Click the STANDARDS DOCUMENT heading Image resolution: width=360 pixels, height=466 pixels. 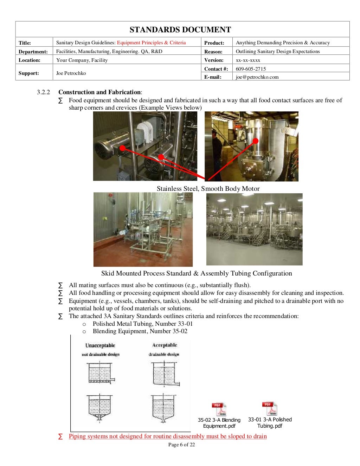(x=180, y=30)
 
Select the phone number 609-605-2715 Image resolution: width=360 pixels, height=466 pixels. (x=251, y=69)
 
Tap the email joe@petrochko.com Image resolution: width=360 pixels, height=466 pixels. (x=257, y=77)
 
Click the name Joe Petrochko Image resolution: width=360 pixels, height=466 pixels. (x=71, y=73)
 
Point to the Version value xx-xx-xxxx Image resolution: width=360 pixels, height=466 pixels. (x=248, y=60)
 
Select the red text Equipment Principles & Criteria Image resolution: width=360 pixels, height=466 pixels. (x=151, y=43)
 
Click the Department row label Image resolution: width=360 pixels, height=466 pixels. (x=33, y=52)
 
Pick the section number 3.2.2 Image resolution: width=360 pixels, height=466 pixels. (x=43, y=92)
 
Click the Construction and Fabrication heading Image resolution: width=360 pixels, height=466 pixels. (x=100, y=92)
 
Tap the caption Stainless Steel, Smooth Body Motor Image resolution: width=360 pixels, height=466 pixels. (x=208, y=189)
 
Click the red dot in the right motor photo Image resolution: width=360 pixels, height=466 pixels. (x=256, y=141)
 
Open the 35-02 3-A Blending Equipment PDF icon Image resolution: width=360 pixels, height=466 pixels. (x=219, y=409)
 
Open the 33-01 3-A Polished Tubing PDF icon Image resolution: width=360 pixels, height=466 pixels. (x=270, y=409)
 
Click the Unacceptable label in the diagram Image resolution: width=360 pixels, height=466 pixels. (x=100, y=345)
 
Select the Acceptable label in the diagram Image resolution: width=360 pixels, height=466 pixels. (x=165, y=345)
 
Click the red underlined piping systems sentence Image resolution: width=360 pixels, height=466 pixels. (x=168, y=436)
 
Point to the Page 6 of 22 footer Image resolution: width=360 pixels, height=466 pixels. (x=181, y=445)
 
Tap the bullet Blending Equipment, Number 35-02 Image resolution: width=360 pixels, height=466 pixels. (x=140, y=331)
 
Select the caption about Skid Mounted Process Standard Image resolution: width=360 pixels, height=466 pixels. (x=197, y=273)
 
